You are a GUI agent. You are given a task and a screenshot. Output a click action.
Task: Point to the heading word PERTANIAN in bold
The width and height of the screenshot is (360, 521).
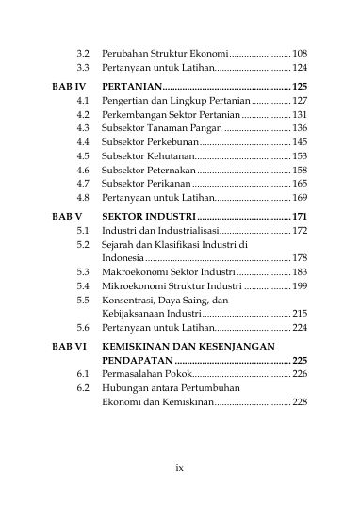click(132, 86)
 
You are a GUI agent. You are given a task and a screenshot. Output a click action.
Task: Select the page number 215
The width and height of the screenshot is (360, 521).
click(301, 314)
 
